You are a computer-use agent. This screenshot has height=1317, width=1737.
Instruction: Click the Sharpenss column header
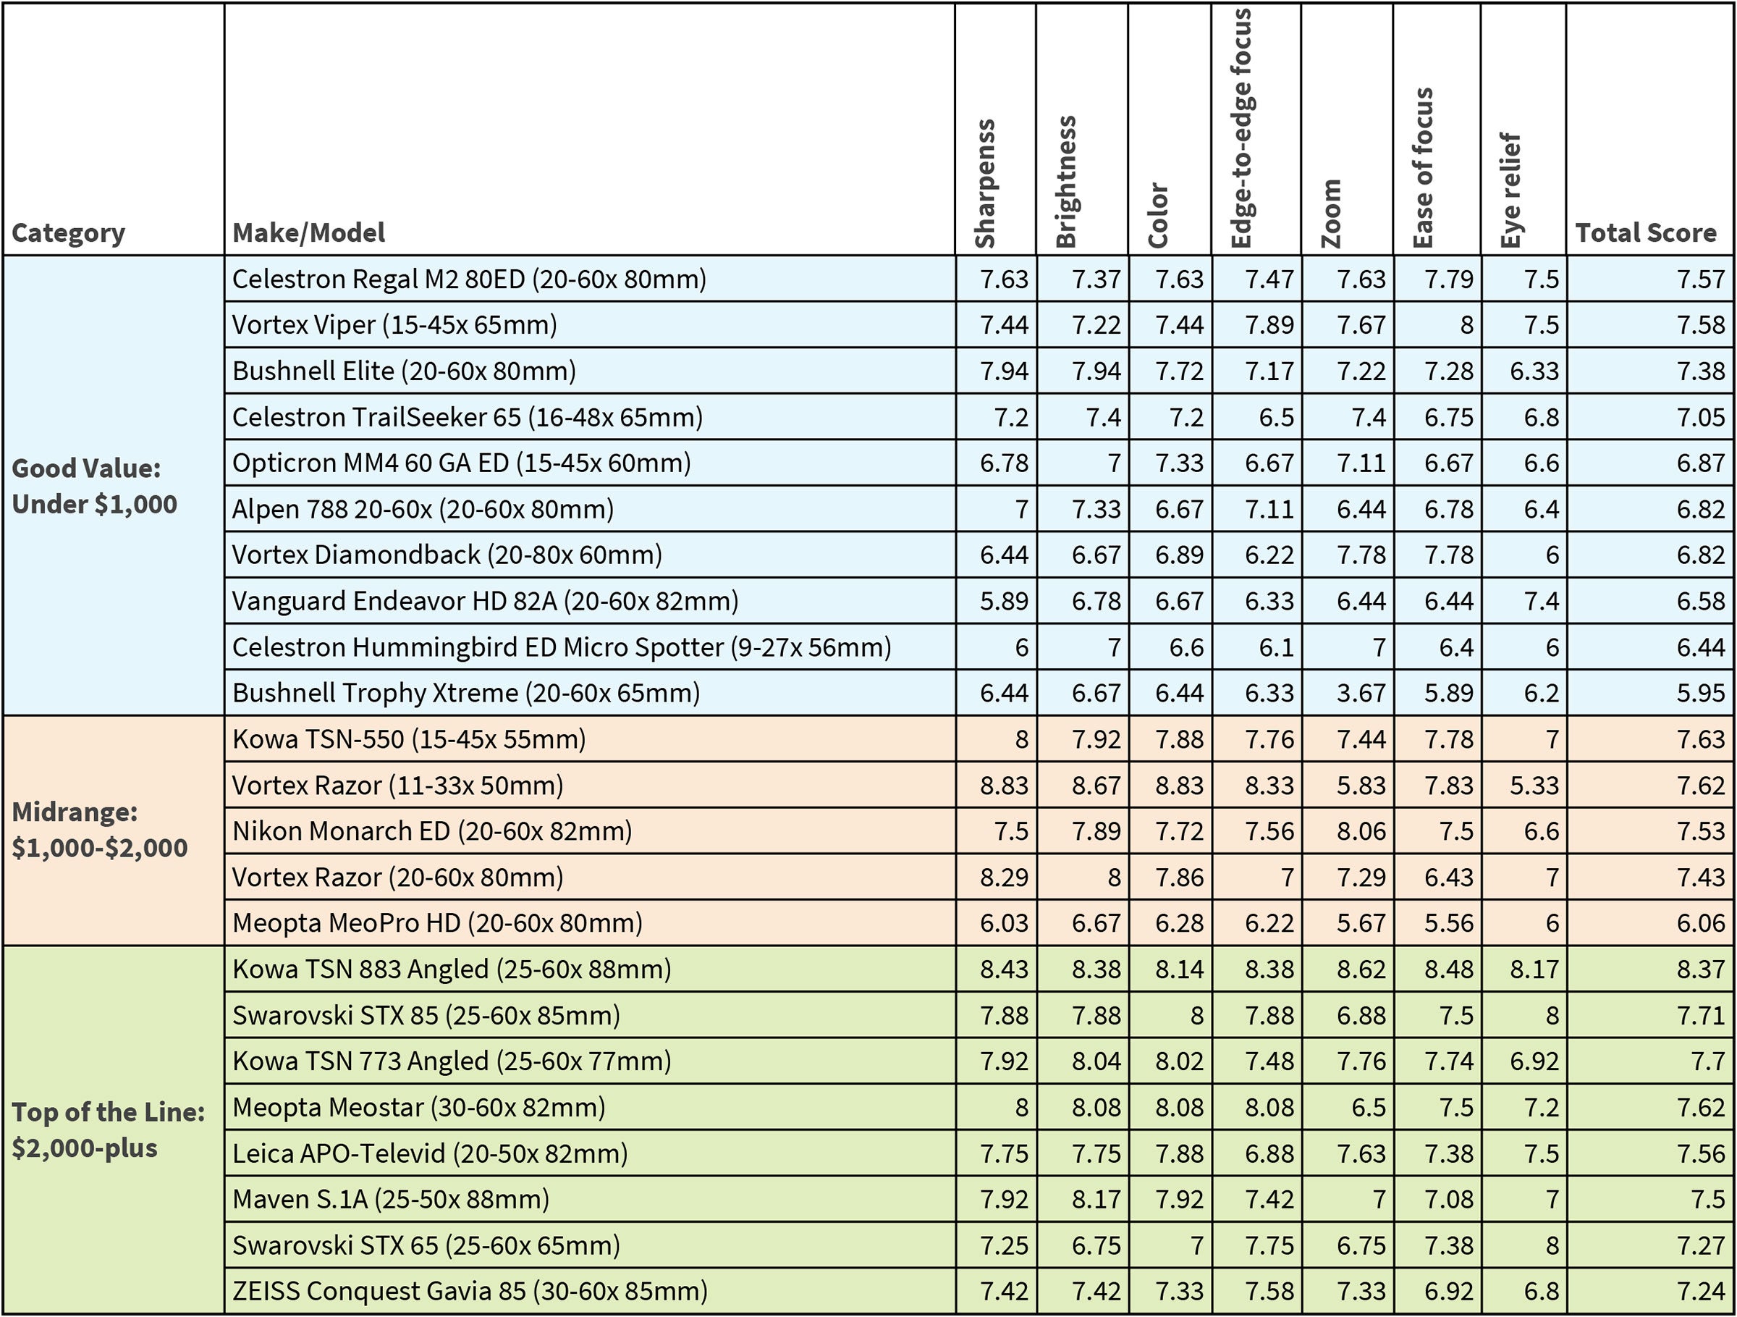click(x=985, y=185)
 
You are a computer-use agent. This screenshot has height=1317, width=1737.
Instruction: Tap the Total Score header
click(x=1646, y=232)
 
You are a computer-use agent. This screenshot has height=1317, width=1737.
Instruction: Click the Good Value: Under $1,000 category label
click(x=94, y=486)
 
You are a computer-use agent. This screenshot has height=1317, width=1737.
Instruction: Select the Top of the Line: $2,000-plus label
click(x=108, y=1130)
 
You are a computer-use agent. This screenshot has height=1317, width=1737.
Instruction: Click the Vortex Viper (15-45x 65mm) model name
click(x=394, y=324)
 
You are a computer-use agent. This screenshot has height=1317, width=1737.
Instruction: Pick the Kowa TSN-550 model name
click(x=408, y=739)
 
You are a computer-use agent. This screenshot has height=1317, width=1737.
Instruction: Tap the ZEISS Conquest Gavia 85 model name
click(x=470, y=1291)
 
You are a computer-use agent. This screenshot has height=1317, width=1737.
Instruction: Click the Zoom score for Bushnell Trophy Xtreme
click(x=1361, y=693)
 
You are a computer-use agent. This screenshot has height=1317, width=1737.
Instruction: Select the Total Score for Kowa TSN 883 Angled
click(x=1700, y=969)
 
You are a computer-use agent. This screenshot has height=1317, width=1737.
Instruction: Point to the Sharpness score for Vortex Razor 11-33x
click(x=1004, y=786)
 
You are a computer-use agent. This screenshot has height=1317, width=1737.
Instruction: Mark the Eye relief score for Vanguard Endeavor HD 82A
click(x=1541, y=602)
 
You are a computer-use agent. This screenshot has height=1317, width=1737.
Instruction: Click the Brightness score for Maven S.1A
click(x=1096, y=1199)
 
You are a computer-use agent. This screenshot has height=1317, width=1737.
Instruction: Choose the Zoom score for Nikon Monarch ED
click(x=1361, y=831)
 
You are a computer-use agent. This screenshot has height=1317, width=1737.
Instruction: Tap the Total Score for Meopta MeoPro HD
click(x=1700, y=922)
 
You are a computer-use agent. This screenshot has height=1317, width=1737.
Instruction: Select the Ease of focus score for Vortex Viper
click(x=1466, y=325)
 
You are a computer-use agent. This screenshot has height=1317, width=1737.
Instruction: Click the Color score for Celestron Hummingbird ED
click(x=1186, y=647)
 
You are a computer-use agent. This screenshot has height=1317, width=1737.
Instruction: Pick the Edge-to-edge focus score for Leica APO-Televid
click(x=1269, y=1153)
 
